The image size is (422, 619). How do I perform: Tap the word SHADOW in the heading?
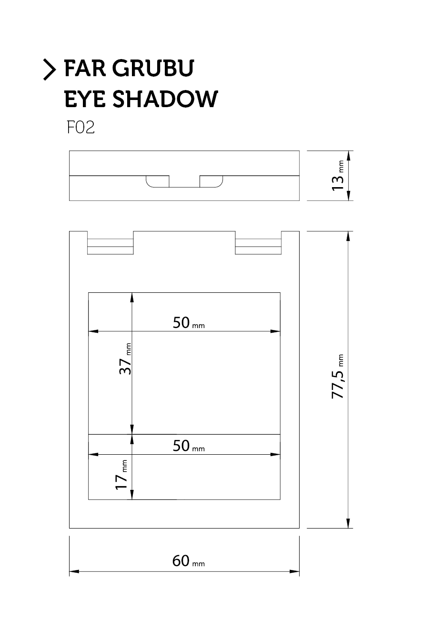click(165, 99)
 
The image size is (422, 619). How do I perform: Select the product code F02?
click(80, 128)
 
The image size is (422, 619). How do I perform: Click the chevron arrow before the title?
click(50, 70)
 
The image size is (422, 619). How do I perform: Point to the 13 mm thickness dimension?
click(338, 176)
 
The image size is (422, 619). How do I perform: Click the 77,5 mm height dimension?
click(338, 376)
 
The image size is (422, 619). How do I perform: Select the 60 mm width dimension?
click(189, 561)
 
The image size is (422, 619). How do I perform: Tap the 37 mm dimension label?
click(125, 359)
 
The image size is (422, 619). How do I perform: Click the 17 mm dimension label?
click(121, 475)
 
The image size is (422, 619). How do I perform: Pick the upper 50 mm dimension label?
click(189, 322)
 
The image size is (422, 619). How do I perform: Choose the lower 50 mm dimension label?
click(189, 446)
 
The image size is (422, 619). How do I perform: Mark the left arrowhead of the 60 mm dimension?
click(74, 571)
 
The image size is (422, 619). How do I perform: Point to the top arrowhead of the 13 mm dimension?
click(349, 156)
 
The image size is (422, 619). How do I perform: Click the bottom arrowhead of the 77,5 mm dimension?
click(348, 523)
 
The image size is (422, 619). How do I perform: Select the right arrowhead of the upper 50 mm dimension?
click(275, 331)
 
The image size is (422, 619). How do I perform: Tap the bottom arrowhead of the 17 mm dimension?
click(132, 495)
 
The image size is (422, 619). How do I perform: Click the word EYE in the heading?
click(85, 99)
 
